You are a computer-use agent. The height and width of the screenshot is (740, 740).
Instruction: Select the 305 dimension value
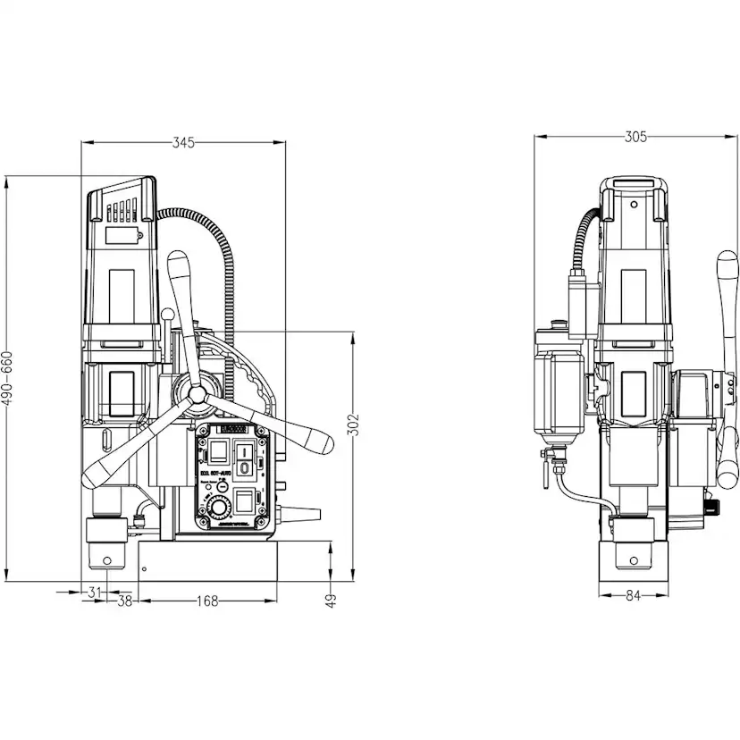pyautogui.click(x=635, y=137)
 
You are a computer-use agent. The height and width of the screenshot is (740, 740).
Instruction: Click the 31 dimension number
pyautogui.click(x=95, y=592)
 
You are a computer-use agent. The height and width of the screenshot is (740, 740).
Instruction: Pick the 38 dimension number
pyautogui.click(x=125, y=601)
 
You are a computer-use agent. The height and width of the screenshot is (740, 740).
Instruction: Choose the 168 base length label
pyautogui.click(x=206, y=601)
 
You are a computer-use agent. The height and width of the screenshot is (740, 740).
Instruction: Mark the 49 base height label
pyautogui.click(x=331, y=601)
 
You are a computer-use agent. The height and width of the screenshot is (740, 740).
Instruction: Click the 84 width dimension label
pyautogui.click(x=634, y=596)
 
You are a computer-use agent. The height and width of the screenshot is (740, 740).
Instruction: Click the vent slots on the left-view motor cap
pyautogui.click(x=120, y=213)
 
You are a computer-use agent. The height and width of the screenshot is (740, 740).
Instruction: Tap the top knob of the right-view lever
pyautogui.click(x=727, y=265)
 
